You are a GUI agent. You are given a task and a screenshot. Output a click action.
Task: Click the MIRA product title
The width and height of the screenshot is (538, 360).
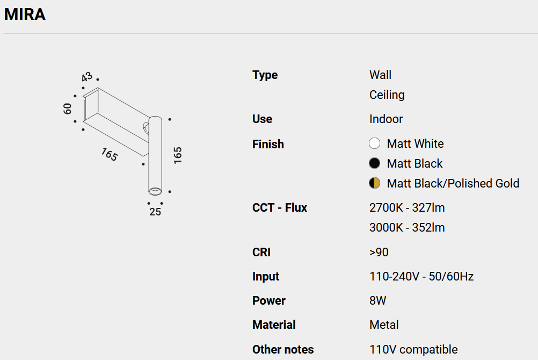25,15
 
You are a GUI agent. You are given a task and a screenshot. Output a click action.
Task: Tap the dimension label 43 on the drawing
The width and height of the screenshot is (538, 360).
87,77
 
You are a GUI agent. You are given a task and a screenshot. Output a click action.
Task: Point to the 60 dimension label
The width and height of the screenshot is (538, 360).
67,109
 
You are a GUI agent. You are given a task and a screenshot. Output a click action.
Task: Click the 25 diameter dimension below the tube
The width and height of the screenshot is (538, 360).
155,212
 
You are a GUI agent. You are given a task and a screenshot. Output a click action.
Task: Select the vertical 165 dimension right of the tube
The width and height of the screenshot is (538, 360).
177,155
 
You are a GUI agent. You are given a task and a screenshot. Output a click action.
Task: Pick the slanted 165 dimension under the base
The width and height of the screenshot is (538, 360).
110,154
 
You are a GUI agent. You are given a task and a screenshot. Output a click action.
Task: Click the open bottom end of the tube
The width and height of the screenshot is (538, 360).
155,191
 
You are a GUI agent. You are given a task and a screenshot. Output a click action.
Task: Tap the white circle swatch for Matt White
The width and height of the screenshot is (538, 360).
374,143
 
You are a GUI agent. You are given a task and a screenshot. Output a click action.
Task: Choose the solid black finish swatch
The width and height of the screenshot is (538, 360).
374,163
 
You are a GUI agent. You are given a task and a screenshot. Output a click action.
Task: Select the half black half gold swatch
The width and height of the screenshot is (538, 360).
374,183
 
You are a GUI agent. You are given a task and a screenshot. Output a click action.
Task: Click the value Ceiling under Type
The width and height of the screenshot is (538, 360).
387,95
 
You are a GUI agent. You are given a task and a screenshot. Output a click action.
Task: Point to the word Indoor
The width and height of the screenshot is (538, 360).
386,119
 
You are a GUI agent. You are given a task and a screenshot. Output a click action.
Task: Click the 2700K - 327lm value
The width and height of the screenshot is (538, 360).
407,207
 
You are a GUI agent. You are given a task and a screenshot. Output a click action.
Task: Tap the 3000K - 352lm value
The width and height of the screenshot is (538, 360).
407,227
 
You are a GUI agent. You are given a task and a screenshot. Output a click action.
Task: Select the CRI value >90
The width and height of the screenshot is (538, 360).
379,252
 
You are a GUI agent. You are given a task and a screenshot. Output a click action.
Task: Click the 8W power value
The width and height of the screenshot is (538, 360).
378,300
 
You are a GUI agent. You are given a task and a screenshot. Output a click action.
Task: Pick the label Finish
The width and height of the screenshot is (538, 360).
268,145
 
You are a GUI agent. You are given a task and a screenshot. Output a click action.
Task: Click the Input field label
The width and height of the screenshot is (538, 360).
266,277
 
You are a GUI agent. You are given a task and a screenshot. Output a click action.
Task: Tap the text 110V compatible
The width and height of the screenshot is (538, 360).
413,349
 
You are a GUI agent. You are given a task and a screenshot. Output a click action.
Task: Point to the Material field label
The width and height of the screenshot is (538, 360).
274,325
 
